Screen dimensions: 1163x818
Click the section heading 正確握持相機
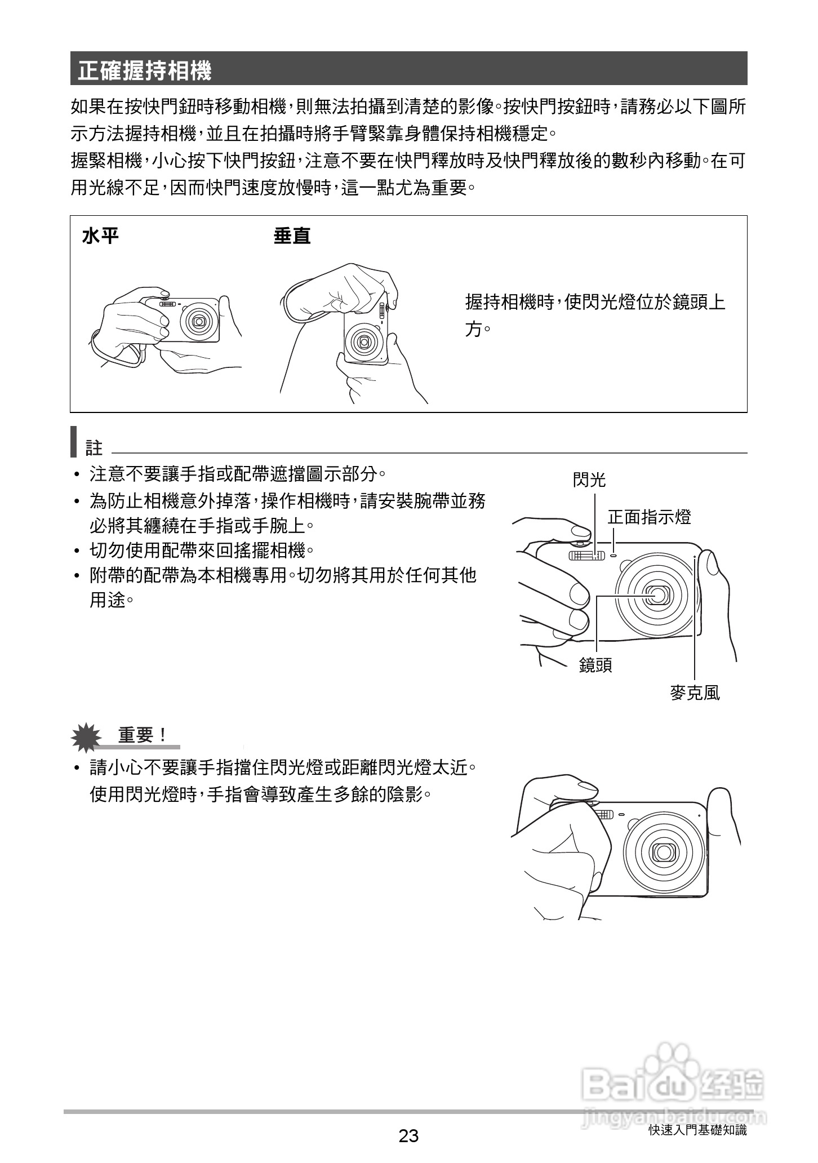click(145, 71)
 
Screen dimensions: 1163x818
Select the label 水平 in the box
click(100, 236)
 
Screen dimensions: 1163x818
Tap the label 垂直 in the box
click(292, 236)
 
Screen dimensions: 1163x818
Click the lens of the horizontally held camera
click(198, 321)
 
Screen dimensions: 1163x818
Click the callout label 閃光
click(589, 480)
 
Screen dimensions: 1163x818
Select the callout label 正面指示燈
click(649, 517)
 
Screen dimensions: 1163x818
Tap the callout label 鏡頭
click(595, 665)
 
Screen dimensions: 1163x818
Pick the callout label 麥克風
click(695, 693)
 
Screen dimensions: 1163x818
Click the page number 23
click(408, 1135)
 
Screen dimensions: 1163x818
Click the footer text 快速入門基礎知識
click(697, 1130)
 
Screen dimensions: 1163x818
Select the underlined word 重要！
click(143, 735)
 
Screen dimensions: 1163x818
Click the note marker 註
click(94, 449)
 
